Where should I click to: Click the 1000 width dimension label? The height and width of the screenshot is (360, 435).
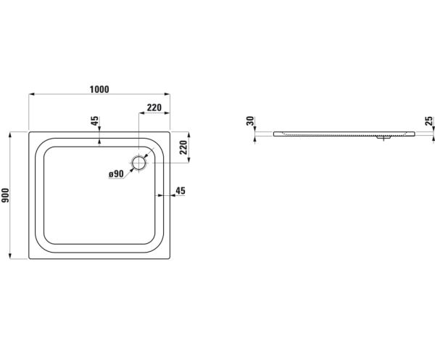[99, 89]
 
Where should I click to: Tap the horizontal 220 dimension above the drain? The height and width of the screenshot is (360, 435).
[154, 107]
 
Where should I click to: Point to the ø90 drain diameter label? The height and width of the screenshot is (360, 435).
[117, 174]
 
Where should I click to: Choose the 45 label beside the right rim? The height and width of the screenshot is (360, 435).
[181, 191]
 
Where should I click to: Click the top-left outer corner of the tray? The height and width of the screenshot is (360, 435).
[29, 133]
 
